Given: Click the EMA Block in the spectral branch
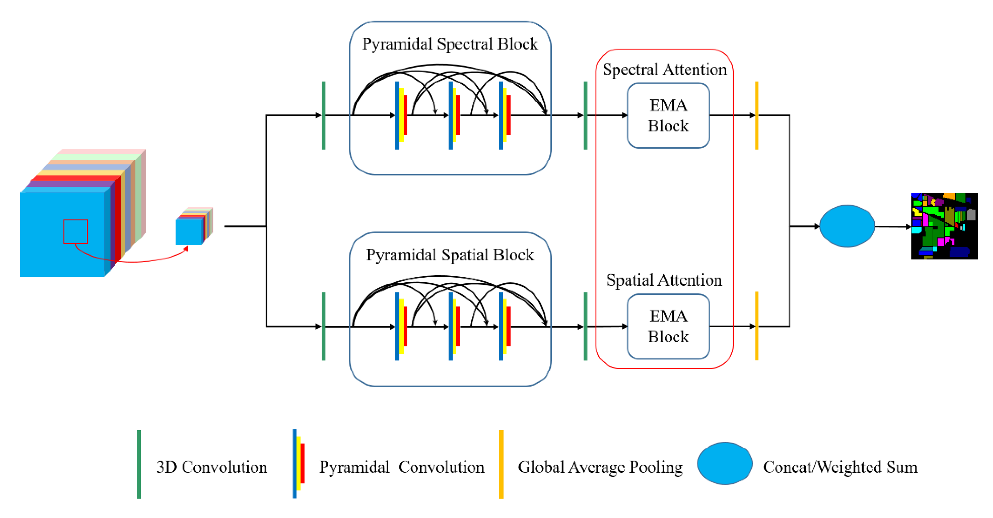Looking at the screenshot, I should tap(668, 115).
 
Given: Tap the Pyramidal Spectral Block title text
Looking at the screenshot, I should tap(450, 44).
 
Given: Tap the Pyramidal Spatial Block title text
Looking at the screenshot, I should tap(450, 255).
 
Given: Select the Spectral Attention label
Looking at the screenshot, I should tap(664, 70).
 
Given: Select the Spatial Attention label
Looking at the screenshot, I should tap(664, 280).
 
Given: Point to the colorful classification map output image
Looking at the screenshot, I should tap(944, 226).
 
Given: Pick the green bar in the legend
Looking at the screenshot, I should tap(139, 464).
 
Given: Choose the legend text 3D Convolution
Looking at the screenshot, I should tap(212, 467).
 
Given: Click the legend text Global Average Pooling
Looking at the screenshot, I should tap(600, 467).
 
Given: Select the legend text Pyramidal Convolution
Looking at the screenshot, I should tap(401, 467).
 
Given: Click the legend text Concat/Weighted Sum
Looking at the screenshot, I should tap(840, 467).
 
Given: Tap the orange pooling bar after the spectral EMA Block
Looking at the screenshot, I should tap(756, 115).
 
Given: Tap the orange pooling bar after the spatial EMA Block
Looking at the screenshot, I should tap(756, 326).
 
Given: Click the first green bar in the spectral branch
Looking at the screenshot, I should tap(323, 115).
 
